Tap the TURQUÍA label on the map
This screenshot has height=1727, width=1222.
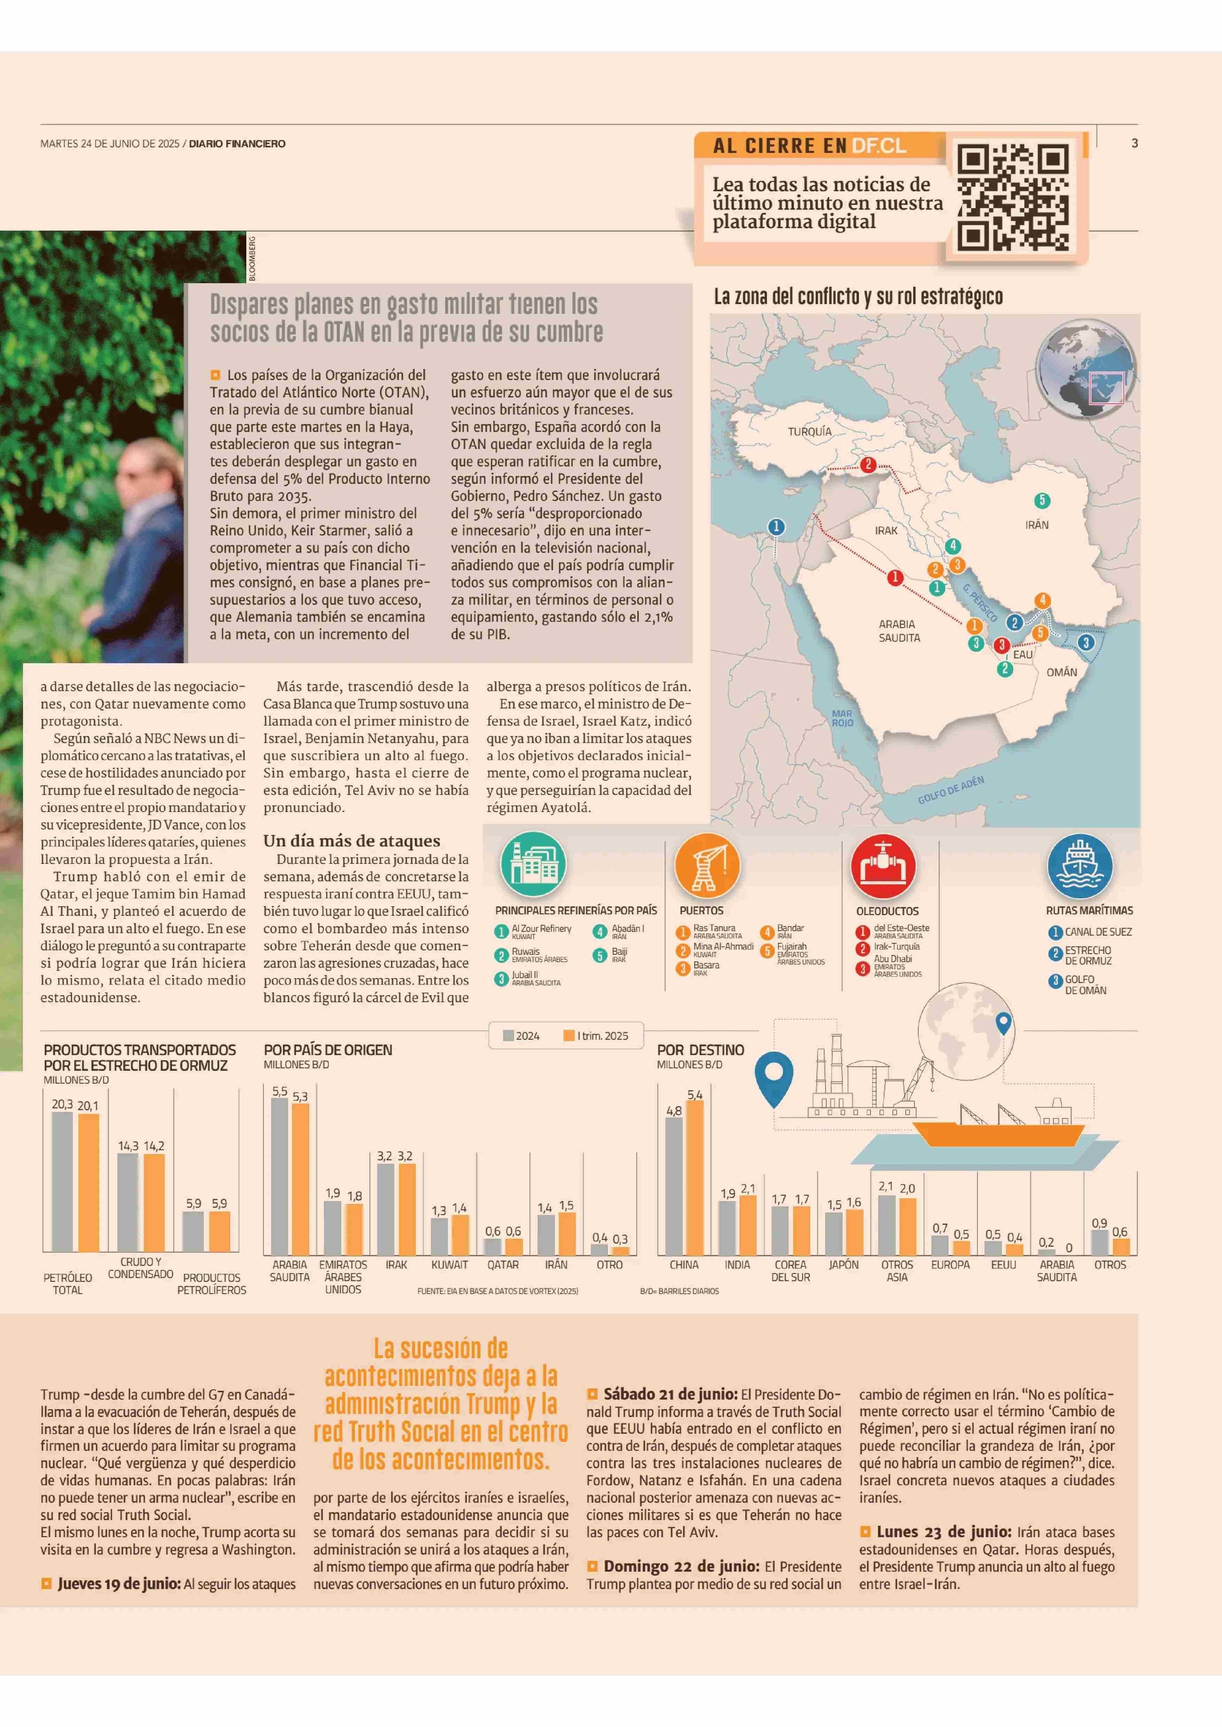click(x=810, y=432)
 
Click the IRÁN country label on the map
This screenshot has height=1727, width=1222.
click(x=1037, y=525)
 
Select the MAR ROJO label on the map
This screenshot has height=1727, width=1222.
click(x=842, y=718)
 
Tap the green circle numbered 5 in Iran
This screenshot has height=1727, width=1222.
click(x=1042, y=501)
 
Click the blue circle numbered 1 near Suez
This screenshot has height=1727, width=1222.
click(x=776, y=527)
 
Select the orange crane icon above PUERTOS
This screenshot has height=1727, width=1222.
click(x=707, y=865)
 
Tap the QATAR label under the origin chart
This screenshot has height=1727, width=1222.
click(x=503, y=1265)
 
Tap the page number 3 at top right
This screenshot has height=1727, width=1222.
click(x=1134, y=143)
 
